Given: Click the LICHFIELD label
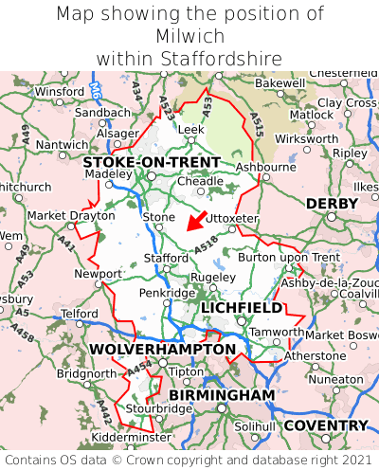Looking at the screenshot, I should point(241,308).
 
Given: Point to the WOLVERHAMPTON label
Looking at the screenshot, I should point(162,350).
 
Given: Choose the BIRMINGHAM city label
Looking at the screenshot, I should point(221,394).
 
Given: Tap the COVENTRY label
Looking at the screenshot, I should point(325,425).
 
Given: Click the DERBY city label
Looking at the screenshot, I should point(332,204).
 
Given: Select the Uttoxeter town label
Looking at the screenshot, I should point(232,218).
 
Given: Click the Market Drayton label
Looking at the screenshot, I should point(58,215).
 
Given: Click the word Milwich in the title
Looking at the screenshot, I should point(189,36).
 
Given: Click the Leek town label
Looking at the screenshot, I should point(190,129).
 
